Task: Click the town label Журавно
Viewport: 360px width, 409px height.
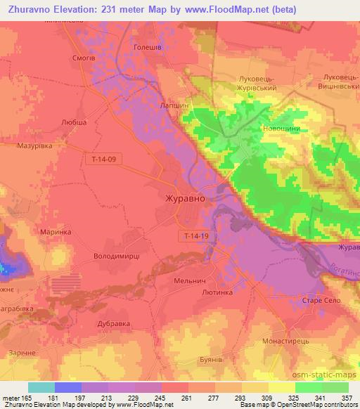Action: pos(186,198)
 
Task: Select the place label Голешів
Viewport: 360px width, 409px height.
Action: pos(148,48)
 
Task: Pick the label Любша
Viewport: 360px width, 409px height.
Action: pos(74,122)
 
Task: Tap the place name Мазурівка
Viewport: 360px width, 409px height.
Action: pos(35,146)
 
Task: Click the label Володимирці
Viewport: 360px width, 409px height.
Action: pos(117,257)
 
